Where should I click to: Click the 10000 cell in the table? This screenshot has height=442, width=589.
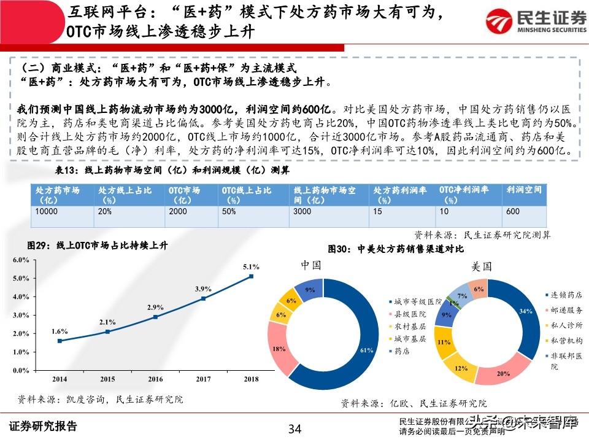click(x=47, y=211)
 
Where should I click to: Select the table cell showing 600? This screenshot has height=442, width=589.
click(x=512, y=211)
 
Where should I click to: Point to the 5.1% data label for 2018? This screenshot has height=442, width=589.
click(x=252, y=266)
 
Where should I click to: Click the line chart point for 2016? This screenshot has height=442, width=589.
click(x=155, y=317)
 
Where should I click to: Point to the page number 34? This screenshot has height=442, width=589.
click(x=295, y=428)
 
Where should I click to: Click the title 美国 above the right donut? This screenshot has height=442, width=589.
click(x=481, y=267)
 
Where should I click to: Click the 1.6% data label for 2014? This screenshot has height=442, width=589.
click(x=60, y=331)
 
